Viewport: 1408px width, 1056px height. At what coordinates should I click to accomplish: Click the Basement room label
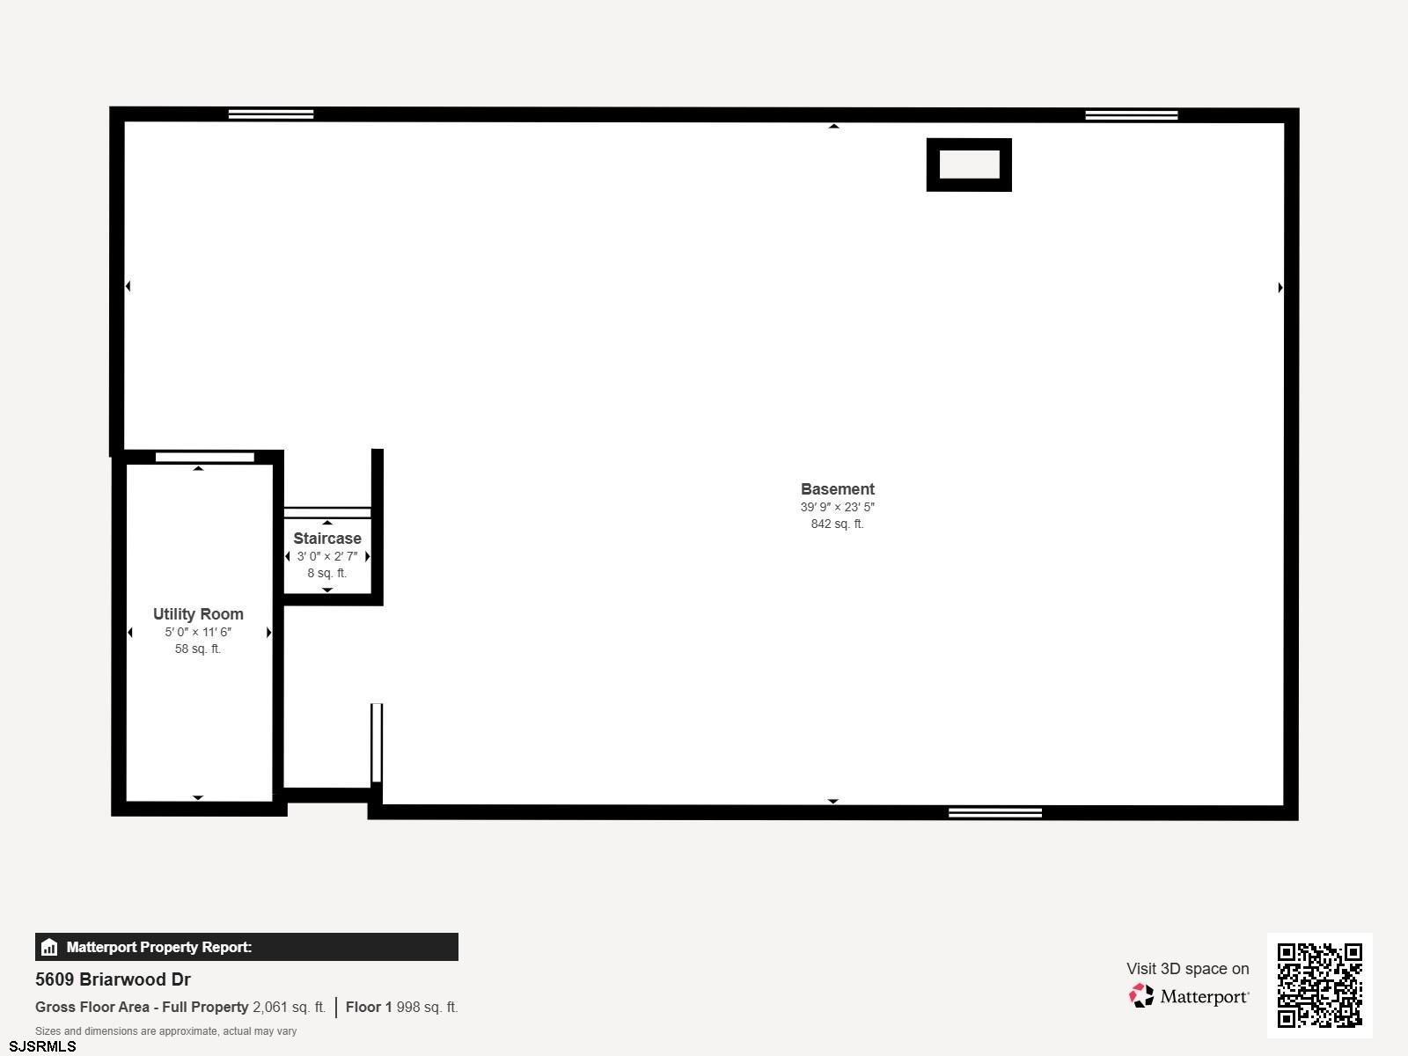[837, 489]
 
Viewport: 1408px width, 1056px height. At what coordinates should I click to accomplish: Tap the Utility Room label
[198, 614]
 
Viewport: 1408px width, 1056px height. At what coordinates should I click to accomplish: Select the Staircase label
[327, 539]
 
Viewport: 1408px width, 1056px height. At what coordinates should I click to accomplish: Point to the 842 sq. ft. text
[837, 524]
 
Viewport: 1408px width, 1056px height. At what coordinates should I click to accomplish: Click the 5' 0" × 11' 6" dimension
[198, 632]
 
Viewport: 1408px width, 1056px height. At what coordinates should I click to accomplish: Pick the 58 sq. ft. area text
[198, 649]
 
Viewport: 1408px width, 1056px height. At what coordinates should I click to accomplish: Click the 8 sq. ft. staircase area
[327, 573]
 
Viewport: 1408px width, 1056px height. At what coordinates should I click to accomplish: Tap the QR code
[1319, 986]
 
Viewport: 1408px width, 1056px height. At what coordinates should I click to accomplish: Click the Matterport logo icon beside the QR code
[1141, 996]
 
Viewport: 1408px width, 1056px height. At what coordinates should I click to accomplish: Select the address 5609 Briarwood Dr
[113, 979]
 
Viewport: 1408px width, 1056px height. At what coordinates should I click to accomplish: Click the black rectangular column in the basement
[969, 165]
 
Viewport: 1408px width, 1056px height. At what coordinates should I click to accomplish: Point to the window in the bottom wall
[995, 813]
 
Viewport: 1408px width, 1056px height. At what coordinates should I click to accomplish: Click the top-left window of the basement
[271, 114]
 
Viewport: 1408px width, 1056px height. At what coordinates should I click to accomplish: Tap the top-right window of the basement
[1132, 115]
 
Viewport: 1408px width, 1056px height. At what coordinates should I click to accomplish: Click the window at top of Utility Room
[205, 457]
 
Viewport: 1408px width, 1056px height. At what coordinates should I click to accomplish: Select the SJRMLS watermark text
[42, 1046]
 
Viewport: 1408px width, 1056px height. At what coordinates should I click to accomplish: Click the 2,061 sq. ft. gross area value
[290, 1007]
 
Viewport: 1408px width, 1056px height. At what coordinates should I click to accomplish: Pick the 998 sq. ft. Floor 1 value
[427, 1007]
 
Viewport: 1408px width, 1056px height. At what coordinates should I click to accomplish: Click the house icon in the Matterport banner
[49, 947]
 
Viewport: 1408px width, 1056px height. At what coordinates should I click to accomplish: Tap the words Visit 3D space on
[1188, 969]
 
